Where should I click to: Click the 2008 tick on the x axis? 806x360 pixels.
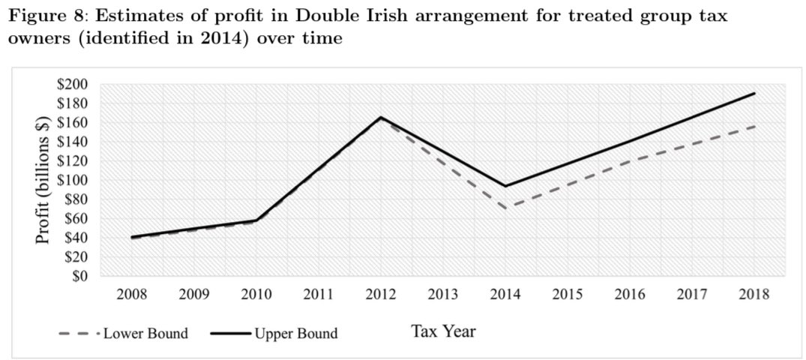[132, 294]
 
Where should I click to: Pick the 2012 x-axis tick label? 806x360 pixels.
[381, 294]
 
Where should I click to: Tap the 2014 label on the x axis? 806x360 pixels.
[505, 294]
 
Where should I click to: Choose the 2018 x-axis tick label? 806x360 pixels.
[754, 294]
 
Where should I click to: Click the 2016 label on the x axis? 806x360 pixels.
[629, 294]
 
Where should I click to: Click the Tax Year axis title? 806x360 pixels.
[443, 331]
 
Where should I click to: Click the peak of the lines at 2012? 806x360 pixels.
[381, 118]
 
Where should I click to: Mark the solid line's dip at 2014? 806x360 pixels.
[505, 186]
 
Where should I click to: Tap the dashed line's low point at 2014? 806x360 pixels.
[505, 208]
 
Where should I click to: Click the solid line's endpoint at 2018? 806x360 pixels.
[754, 94]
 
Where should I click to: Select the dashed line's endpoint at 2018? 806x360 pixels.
[754, 126]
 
